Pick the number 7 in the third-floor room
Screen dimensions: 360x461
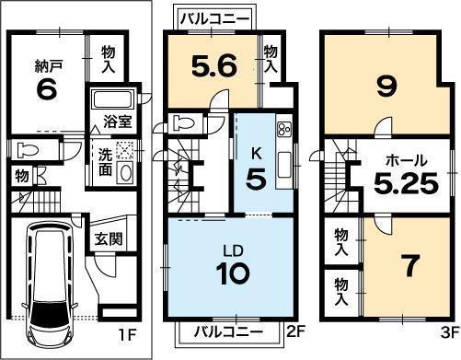pos(410,265)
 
